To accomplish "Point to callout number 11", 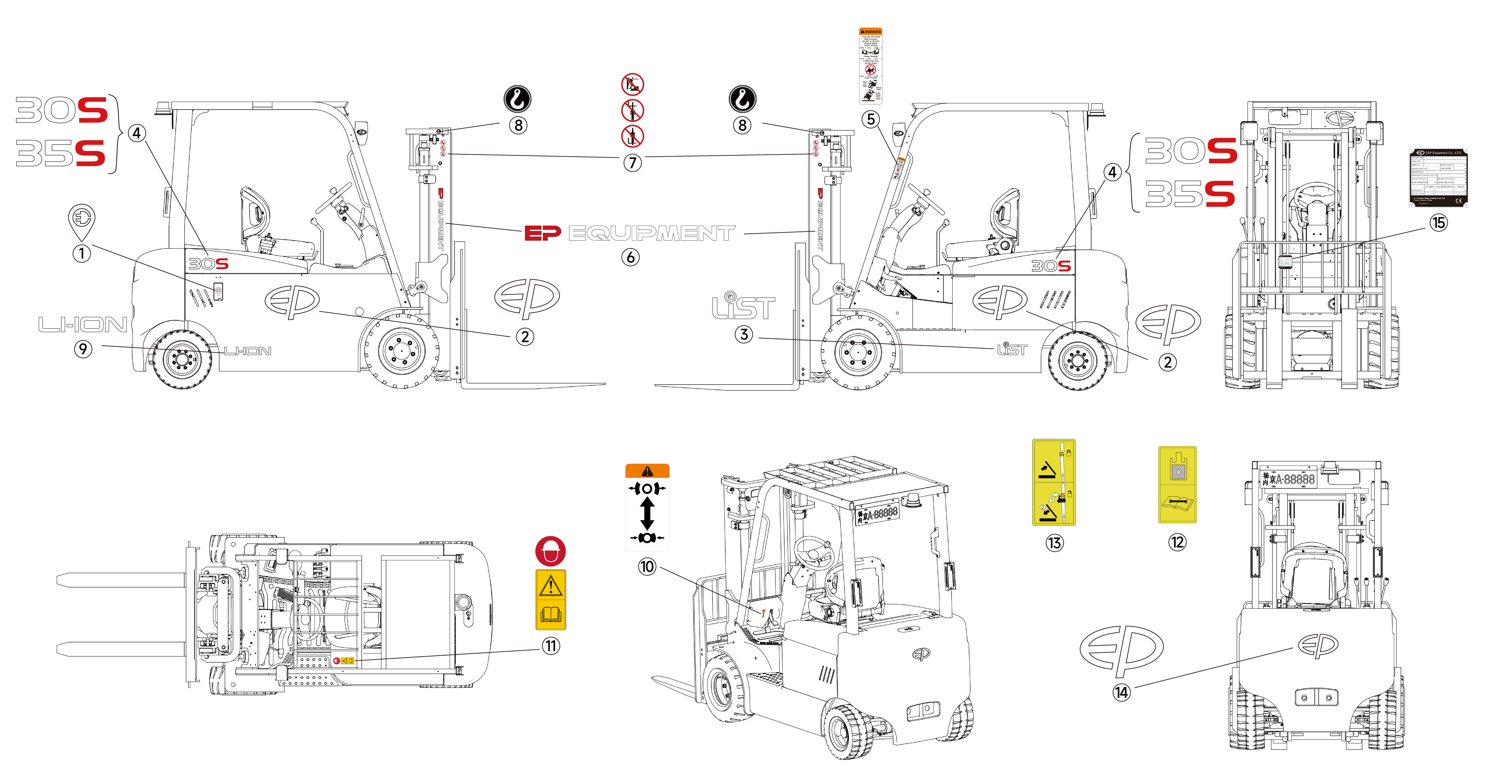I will pos(551,646).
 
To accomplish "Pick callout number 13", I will pos(1054,543).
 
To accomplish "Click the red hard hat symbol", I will pos(550,551).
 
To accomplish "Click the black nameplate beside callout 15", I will pos(1438,177).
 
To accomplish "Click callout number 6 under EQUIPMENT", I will pos(631,258).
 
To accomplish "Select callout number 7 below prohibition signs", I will pos(632,163).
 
